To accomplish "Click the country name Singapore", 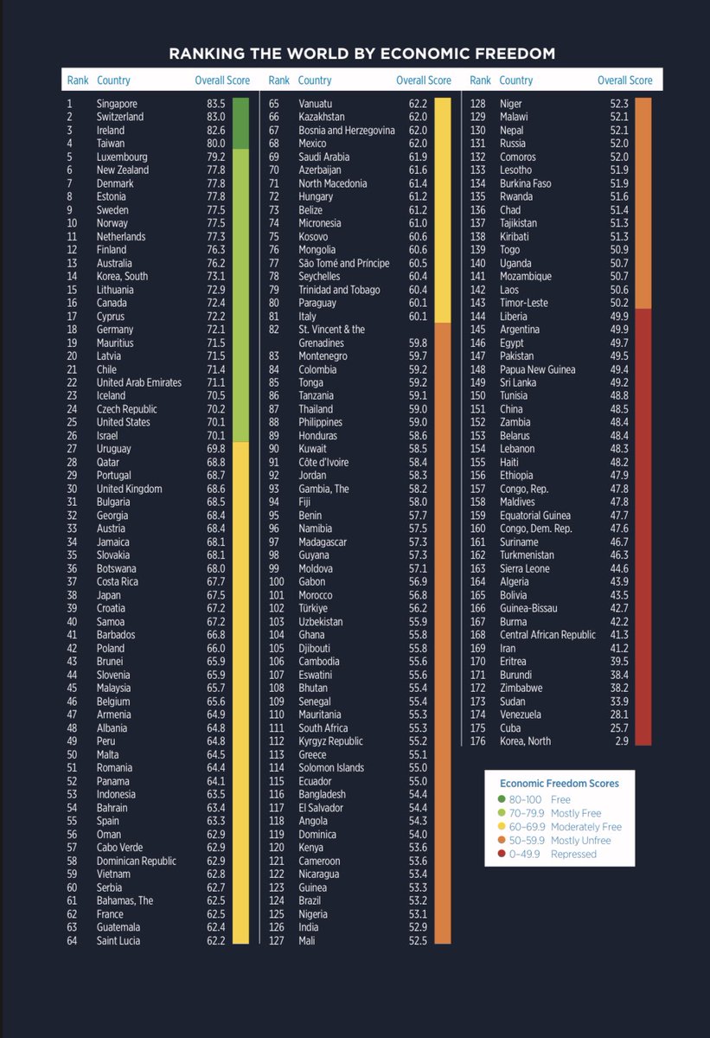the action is (117, 104).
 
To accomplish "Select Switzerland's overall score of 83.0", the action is (216, 117).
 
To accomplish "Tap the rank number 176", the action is (478, 741).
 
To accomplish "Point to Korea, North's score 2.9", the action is (622, 741).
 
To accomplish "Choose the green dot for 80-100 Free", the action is (502, 799).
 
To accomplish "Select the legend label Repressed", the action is (573, 854).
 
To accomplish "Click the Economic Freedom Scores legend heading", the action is (559, 783).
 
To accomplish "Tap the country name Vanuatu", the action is (315, 104).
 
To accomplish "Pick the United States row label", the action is (123, 422).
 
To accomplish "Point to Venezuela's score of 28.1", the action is (619, 714).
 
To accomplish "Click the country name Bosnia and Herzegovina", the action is (347, 131).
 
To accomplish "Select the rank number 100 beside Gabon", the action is (277, 581).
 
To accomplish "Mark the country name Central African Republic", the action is (547, 635).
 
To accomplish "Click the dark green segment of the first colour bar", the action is (240, 123).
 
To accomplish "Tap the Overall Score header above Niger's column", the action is (624, 80).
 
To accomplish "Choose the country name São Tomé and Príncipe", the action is (343, 263).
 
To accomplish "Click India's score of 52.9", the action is (418, 927).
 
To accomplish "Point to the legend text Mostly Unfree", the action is (581, 840).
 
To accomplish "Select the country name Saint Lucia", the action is (118, 941).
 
